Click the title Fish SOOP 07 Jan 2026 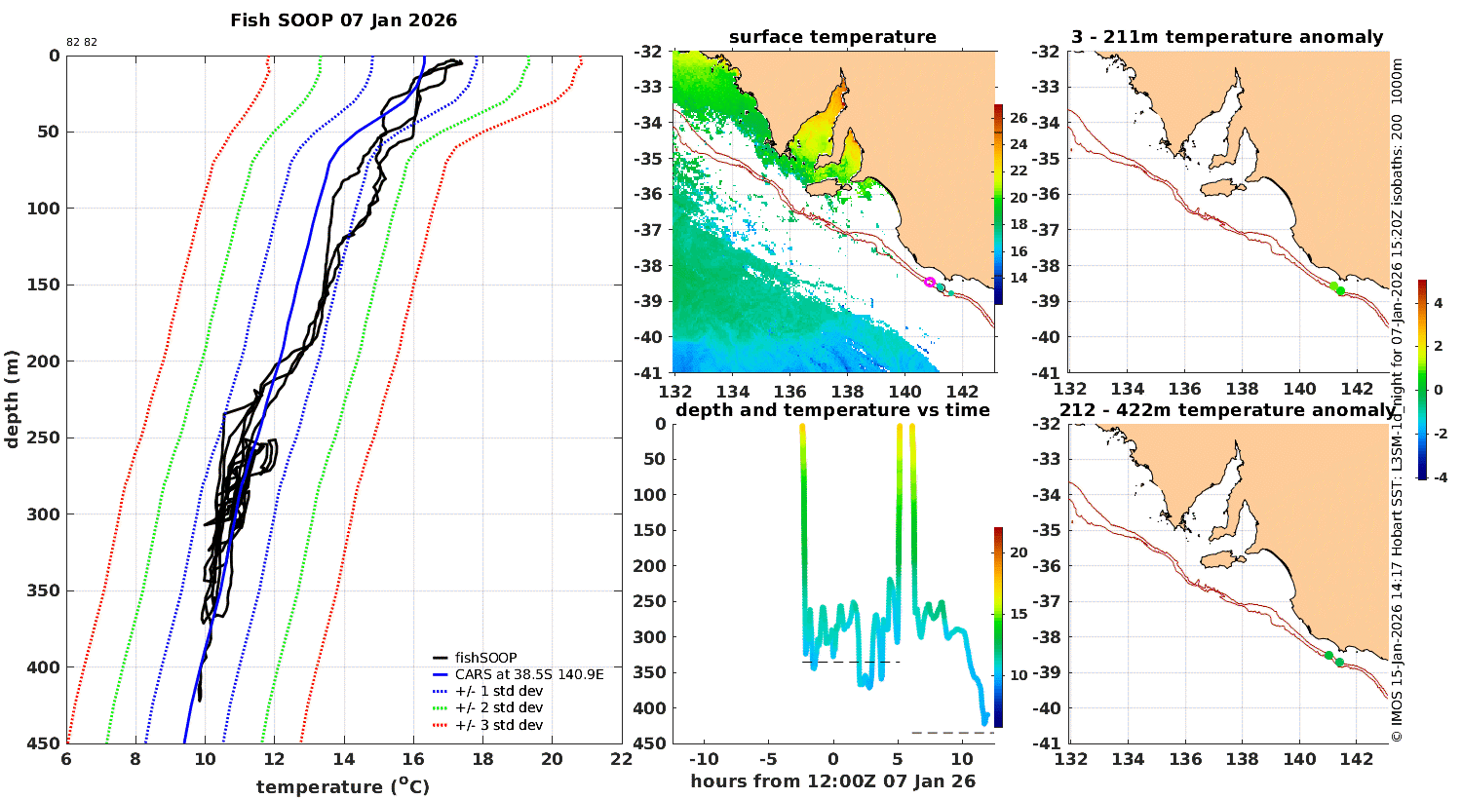343,20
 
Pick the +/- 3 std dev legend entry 498,725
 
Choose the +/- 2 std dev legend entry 498,708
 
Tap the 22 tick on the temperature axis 621,760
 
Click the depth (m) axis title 12,399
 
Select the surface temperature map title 832,37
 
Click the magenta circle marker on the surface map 930,282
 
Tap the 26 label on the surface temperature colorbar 1019,118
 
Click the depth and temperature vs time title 832,410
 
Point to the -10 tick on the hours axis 704,760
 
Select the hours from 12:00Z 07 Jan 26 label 832,781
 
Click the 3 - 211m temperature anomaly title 1227,37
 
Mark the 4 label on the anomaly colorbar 1438,303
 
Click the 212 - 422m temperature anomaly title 1227,410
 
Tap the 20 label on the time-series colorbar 1019,552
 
